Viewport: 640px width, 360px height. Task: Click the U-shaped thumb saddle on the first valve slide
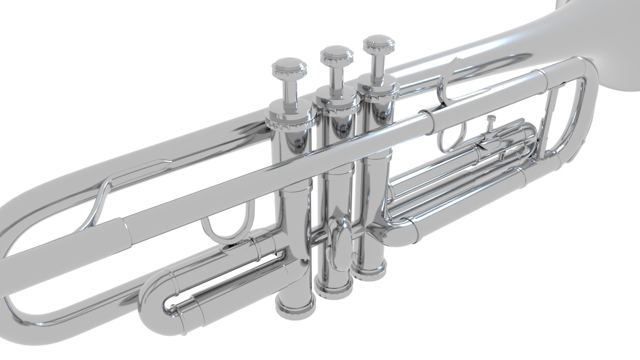pos(227,229)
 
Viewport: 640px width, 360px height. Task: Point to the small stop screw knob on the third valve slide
pos(491,120)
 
